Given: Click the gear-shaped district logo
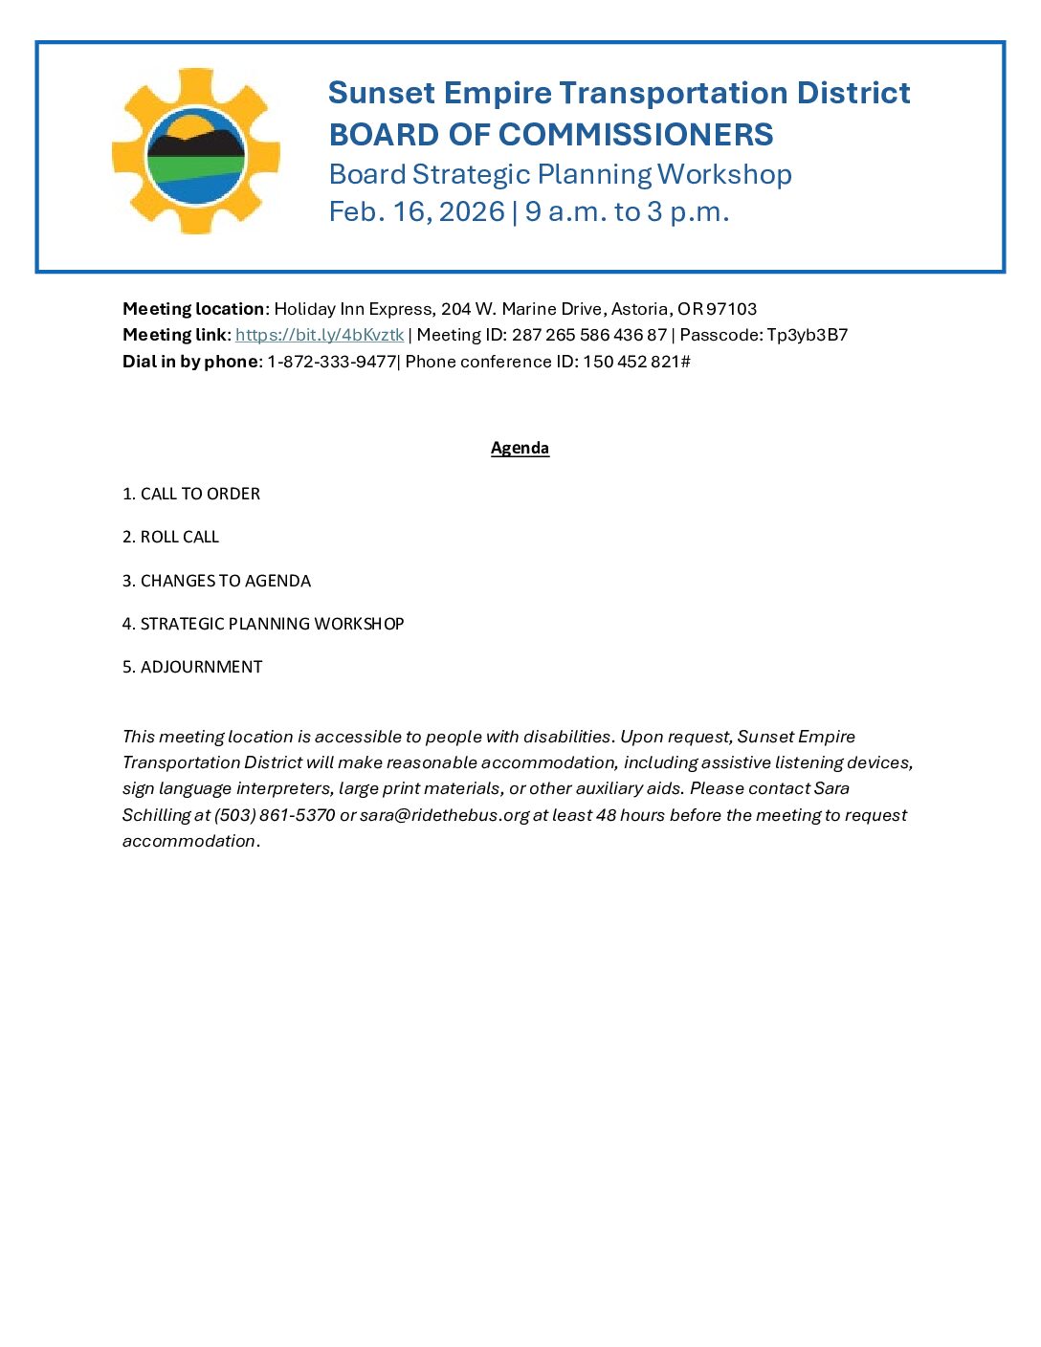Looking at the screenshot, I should click(x=196, y=151).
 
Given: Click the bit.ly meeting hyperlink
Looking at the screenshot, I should click(x=320, y=335).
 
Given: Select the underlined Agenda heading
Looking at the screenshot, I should click(x=520, y=448).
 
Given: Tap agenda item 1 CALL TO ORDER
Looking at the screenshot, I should click(x=191, y=494).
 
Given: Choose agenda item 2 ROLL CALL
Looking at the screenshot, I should click(x=170, y=537).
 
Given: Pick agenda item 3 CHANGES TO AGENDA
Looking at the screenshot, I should click(x=216, y=581).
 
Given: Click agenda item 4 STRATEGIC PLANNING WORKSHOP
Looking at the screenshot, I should click(x=263, y=624).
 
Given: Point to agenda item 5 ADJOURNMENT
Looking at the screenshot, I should click(x=192, y=667).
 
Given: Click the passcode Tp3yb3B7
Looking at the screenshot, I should click(x=807, y=335).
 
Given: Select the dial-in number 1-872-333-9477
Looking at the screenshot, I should click(x=331, y=362).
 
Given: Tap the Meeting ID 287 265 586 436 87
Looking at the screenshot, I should click(x=588, y=335).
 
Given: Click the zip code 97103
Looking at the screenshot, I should click(x=731, y=309).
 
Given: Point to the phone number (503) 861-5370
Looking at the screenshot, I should click(x=275, y=815).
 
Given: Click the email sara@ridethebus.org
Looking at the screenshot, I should click(x=444, y=815).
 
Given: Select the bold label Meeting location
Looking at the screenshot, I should click(x=193, y=309).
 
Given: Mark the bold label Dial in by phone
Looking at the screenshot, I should click(x=190, y=362).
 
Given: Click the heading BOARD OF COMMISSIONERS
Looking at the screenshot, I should click(x=551, y=135).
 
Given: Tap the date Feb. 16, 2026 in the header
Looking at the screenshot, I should click(x=416, y=211).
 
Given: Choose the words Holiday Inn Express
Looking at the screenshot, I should click(x=353, y=309).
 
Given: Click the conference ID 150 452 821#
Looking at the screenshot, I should click(x=636, y=362).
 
